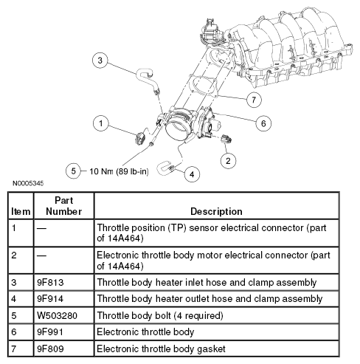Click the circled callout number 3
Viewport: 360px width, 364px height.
point(100,61)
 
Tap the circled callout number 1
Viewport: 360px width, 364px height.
point(101,123)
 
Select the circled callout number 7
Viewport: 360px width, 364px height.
point(254,100)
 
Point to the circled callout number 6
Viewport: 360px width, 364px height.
point(263,123)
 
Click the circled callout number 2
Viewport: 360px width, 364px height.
point(228,161)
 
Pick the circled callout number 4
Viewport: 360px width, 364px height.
point(192,174)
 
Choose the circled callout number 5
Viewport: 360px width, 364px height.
point(73,171)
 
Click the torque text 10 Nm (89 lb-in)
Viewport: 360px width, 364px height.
point(119,171)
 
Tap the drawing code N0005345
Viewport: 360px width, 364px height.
point(28,183)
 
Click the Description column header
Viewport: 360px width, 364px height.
point(216,211)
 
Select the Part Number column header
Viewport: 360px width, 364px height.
point(64,206)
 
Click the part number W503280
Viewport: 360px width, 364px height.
point(57,315)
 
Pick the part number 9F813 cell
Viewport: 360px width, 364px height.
point(50,282)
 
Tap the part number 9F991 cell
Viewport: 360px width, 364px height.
point(50,332)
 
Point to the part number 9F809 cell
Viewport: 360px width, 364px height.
point(50,348)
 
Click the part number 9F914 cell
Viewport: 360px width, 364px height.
point(50,299)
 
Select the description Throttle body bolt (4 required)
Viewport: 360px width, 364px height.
point(160,315)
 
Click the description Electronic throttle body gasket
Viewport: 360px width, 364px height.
point(161,349)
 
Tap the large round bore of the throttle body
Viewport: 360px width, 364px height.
point(178,128)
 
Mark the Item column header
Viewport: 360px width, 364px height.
point(21,211)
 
